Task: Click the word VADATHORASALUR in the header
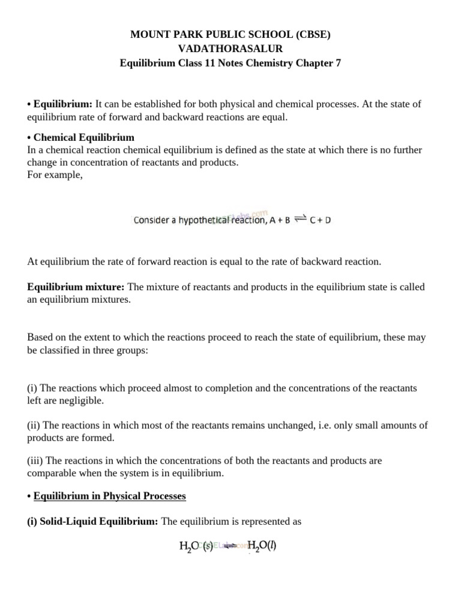point(230,49)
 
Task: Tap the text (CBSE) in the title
point(312,35)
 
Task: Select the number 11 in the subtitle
point(211,62)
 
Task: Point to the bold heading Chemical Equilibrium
point(83,137)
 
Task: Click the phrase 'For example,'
point(55,174)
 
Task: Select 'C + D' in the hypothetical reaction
point(320,220)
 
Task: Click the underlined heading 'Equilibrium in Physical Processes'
point(109,496)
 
